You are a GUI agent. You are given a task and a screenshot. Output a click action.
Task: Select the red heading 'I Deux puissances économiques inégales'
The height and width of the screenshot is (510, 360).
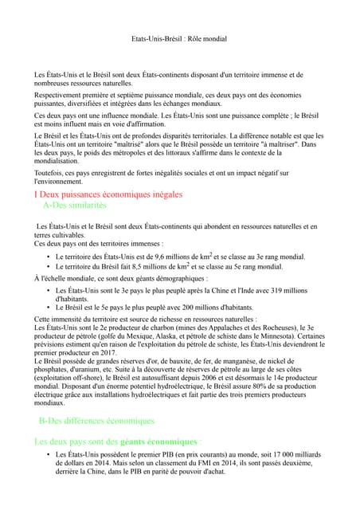tap(108, 194)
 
